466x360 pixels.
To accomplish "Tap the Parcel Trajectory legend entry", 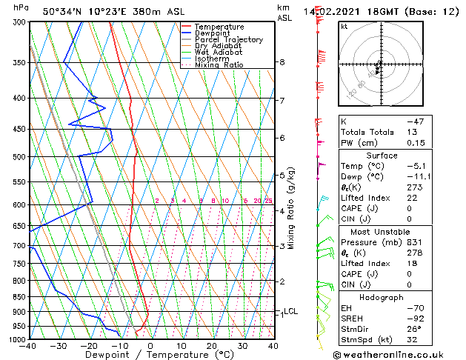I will click(228, 40).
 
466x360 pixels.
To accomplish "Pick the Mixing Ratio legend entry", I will click(219, 65).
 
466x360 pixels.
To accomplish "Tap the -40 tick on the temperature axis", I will click(29, 346).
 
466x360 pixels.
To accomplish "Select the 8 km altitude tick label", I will click(282, 62).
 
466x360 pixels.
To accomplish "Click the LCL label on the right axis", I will click(290, 311).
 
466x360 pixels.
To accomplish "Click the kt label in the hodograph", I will click(344, 26).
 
